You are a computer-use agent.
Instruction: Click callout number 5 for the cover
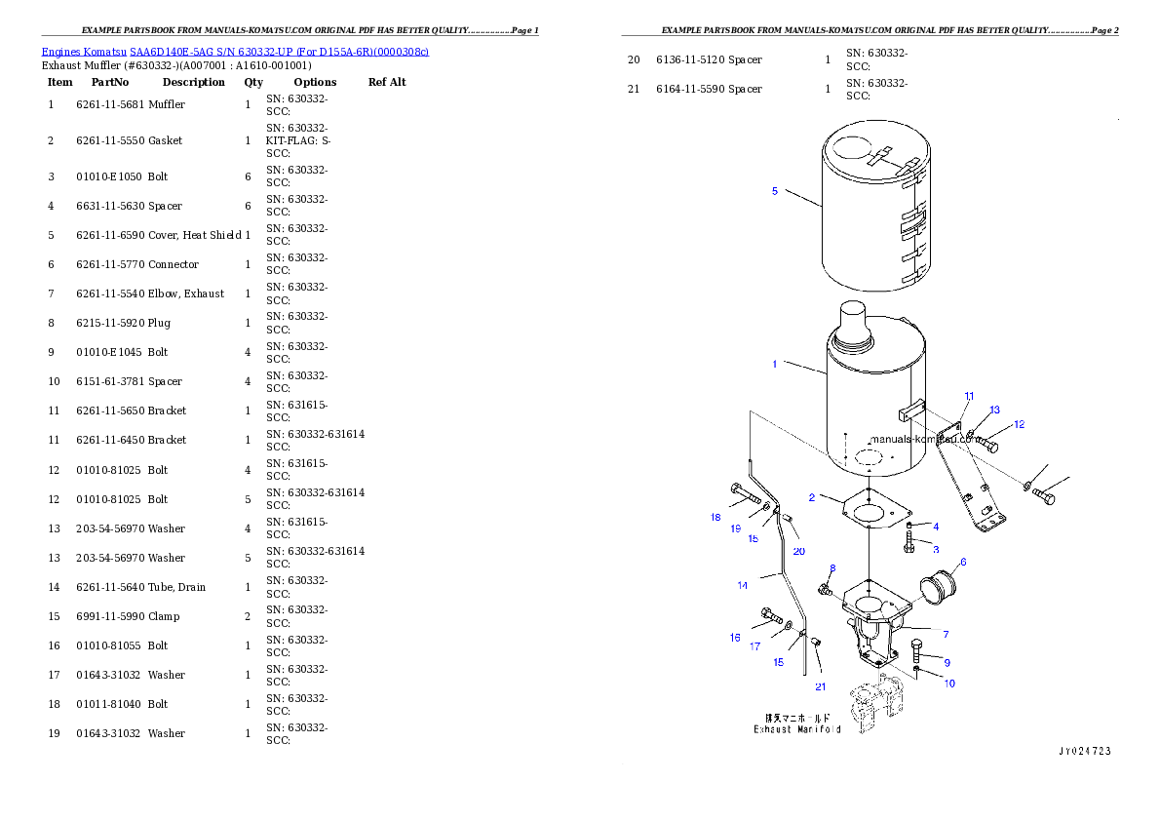pos(775,191)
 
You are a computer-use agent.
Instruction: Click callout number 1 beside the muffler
pos(775,364)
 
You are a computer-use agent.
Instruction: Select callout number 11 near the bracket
pos(969,396)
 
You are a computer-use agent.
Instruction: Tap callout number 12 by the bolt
pos(1019,424)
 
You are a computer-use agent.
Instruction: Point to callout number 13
pos(994,410)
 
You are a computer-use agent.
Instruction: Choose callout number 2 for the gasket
pos(811,497)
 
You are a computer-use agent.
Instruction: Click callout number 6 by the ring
pos(963,562)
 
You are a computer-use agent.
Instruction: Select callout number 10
pos(948,684)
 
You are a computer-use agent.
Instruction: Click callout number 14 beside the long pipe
pos(743,585)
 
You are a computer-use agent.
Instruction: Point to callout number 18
pos(715,517)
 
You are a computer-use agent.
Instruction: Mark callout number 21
pos(820,686)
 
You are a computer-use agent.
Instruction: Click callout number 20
pos(798,551)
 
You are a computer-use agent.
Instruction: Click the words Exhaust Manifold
pos(796,729)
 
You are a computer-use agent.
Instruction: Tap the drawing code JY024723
pos(1084,752)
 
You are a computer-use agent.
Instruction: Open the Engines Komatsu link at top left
pos(235,51)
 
